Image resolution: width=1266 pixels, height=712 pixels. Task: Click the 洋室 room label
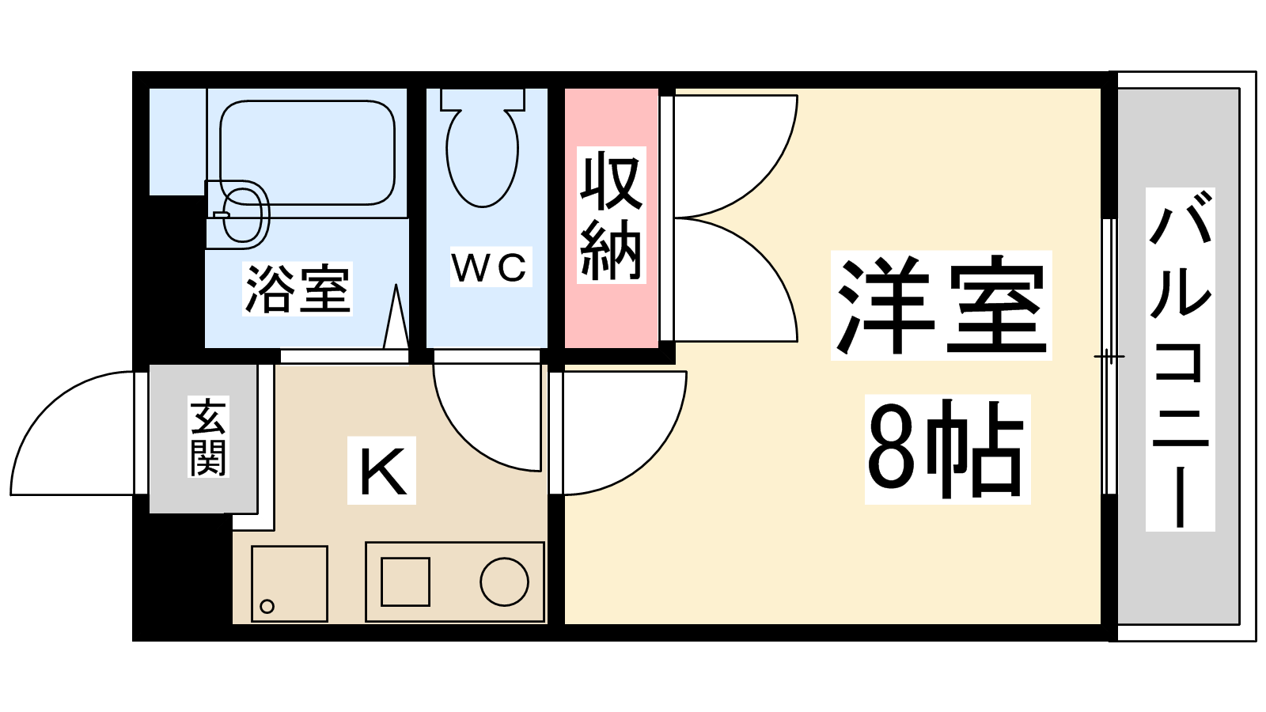941,305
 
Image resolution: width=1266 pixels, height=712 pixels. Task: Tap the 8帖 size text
946,449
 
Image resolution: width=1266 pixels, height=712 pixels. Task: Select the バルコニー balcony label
1180,360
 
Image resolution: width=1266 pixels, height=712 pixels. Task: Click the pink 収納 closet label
611,215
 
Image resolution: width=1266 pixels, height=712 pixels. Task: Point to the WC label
491,267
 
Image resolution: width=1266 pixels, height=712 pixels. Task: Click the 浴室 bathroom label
297,289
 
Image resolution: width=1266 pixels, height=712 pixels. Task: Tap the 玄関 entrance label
208,437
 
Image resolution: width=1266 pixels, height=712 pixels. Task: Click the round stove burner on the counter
504,581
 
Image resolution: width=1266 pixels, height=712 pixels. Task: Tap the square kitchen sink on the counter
405,581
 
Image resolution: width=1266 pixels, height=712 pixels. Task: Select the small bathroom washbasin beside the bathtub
241,214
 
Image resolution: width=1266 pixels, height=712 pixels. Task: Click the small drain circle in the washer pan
267,607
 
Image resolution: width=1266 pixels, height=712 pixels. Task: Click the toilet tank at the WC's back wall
483,99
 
